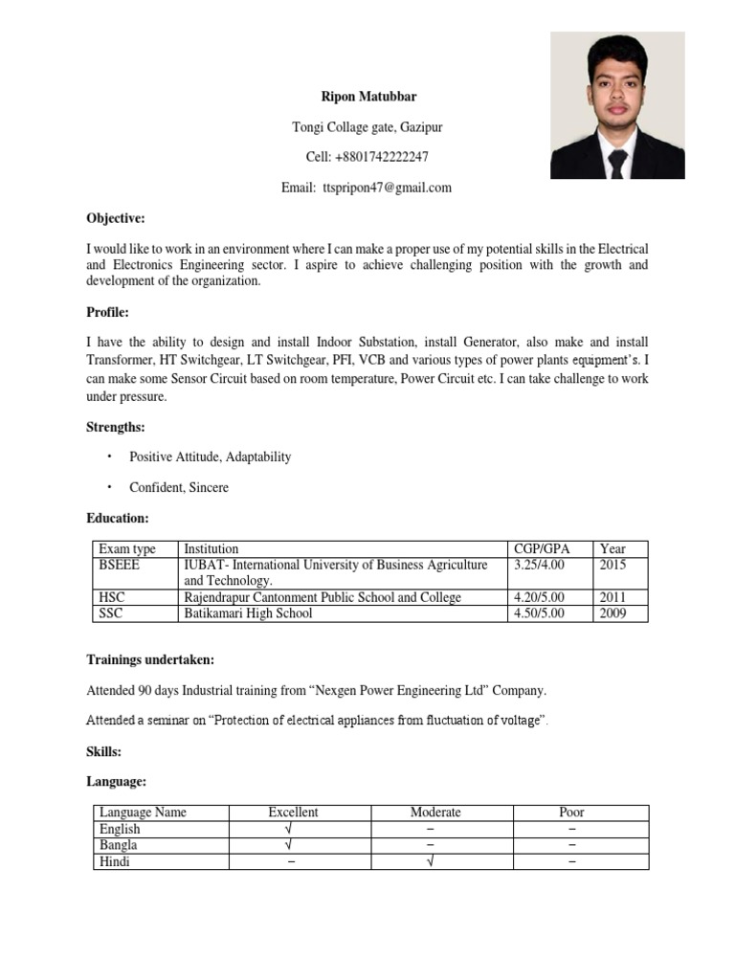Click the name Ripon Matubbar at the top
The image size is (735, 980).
click(x=367, y=97)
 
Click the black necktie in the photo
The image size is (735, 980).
click(x=617, y=164)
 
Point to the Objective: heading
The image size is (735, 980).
click(x=115, y=218)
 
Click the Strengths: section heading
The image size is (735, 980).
click(x=116, y=427)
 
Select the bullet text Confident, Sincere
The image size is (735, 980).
click(x=179, y=487)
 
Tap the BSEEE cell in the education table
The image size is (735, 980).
click(x=119, y=566)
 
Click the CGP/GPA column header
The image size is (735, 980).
click(x=541, y=548)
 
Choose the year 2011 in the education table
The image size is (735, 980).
click(x=612, y=597)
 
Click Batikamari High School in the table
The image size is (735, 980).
click(x=248, y=613)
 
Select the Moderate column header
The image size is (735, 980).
click(x=435, y=812)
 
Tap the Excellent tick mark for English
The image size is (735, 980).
click(x=288, y=829)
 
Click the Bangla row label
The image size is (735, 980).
click(x=118, y=845)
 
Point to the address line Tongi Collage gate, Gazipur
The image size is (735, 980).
click(x=367, y=127)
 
